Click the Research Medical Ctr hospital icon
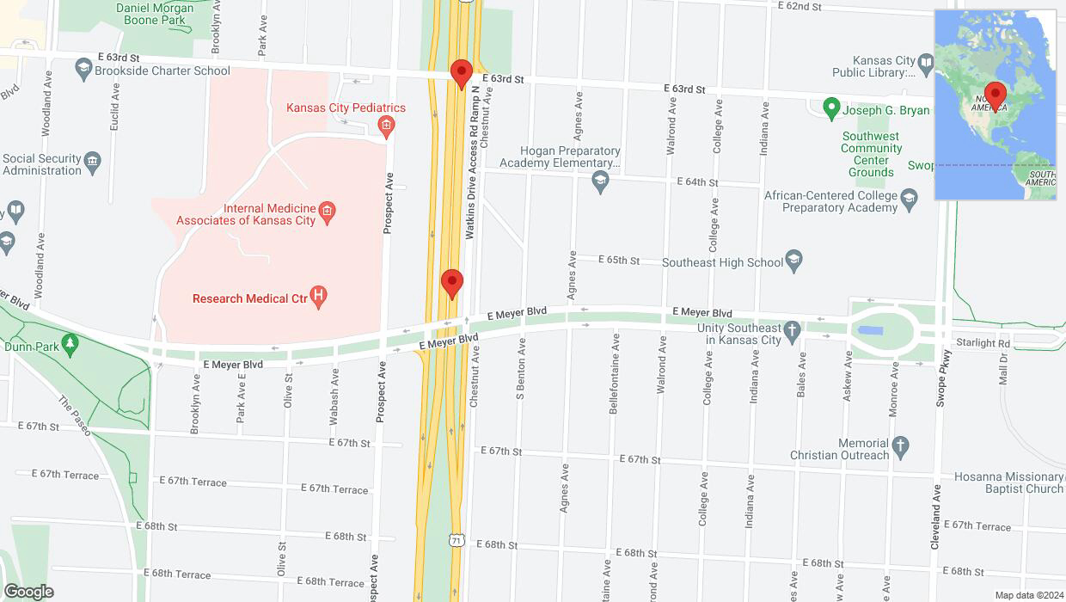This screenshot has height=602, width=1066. [x=319, y=298]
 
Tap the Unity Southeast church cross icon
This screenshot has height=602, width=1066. [x=792, y=329]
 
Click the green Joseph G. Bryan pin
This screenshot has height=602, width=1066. [x=830, y=109]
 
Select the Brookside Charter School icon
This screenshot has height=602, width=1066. [x=83, y=68]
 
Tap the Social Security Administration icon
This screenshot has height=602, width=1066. [x=93, y=160]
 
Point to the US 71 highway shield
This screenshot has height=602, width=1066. [x=456, y=539]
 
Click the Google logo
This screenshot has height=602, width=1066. [x=28, y=592]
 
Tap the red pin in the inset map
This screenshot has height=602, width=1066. [x=996, y=95]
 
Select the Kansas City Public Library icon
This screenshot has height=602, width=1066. [x=925, y=62]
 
